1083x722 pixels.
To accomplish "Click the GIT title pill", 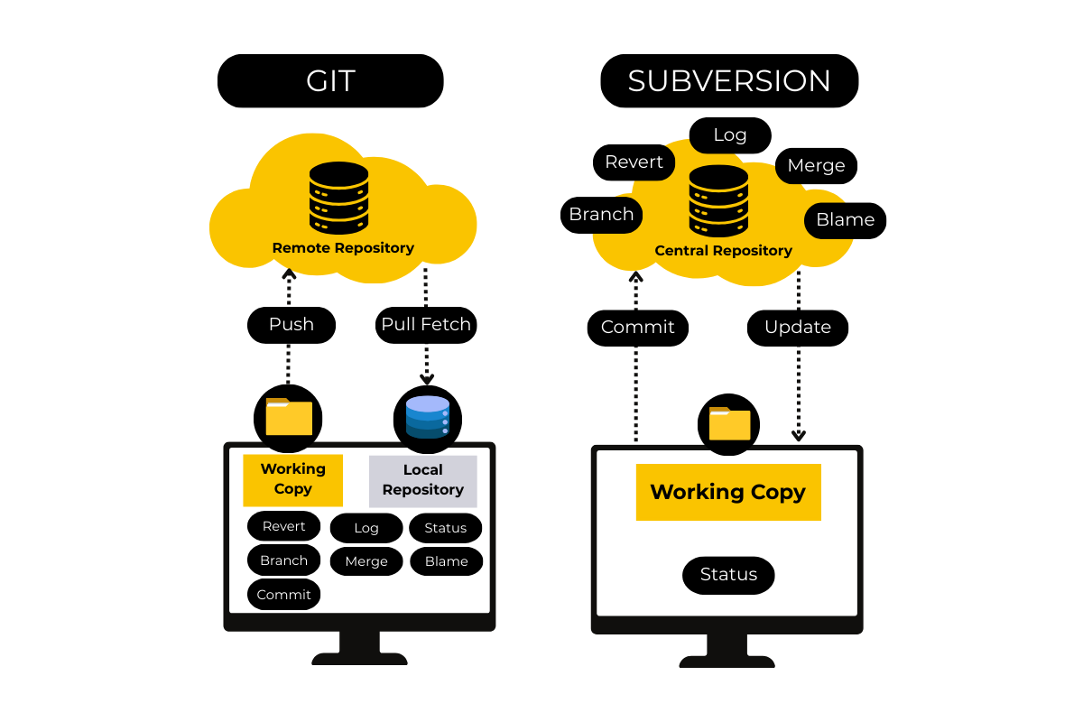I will click(330, 81).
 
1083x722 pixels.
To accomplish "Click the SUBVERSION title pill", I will click(729, 81).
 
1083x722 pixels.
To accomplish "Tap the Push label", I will click(292, 325).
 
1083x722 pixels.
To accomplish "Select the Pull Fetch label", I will click(426, 325).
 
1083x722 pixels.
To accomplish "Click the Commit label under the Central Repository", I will click(638, 328).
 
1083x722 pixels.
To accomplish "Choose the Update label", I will click(798, 328).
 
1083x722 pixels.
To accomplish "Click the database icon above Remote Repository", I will click(338, 198).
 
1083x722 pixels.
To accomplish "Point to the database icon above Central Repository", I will click(718, 201).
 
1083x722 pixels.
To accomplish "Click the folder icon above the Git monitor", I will click(289, 417).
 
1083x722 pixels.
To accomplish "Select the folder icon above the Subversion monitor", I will click(729, 423).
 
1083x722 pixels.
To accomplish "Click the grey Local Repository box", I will click(422, 480).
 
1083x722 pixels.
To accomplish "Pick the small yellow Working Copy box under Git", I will click(292, 479).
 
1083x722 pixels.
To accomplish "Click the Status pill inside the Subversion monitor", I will click(728, 575).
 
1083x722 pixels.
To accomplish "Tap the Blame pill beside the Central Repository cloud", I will click(845, 220).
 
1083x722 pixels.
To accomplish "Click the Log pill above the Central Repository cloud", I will click(730, 135).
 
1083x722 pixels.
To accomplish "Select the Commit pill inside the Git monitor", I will click(283, 595).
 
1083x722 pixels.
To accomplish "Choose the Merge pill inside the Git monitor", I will click(366, 561).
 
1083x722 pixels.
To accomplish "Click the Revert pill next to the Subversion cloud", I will click(634, 162).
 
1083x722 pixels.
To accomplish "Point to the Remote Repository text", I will click(343, 248).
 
